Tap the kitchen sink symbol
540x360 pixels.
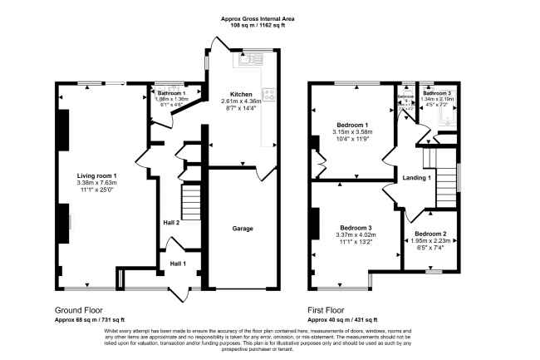click(247, 60)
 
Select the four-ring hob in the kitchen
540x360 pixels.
click(268, 95)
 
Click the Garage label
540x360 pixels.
click(242, 228)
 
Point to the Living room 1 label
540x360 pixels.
click(97, 175)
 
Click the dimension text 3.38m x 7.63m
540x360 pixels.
click(97, 183)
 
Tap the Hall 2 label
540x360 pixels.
click(172, 222)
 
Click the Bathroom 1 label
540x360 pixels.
click(173, 92)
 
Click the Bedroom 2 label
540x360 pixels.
click(431, 234)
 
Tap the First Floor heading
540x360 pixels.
click(329, 311)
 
